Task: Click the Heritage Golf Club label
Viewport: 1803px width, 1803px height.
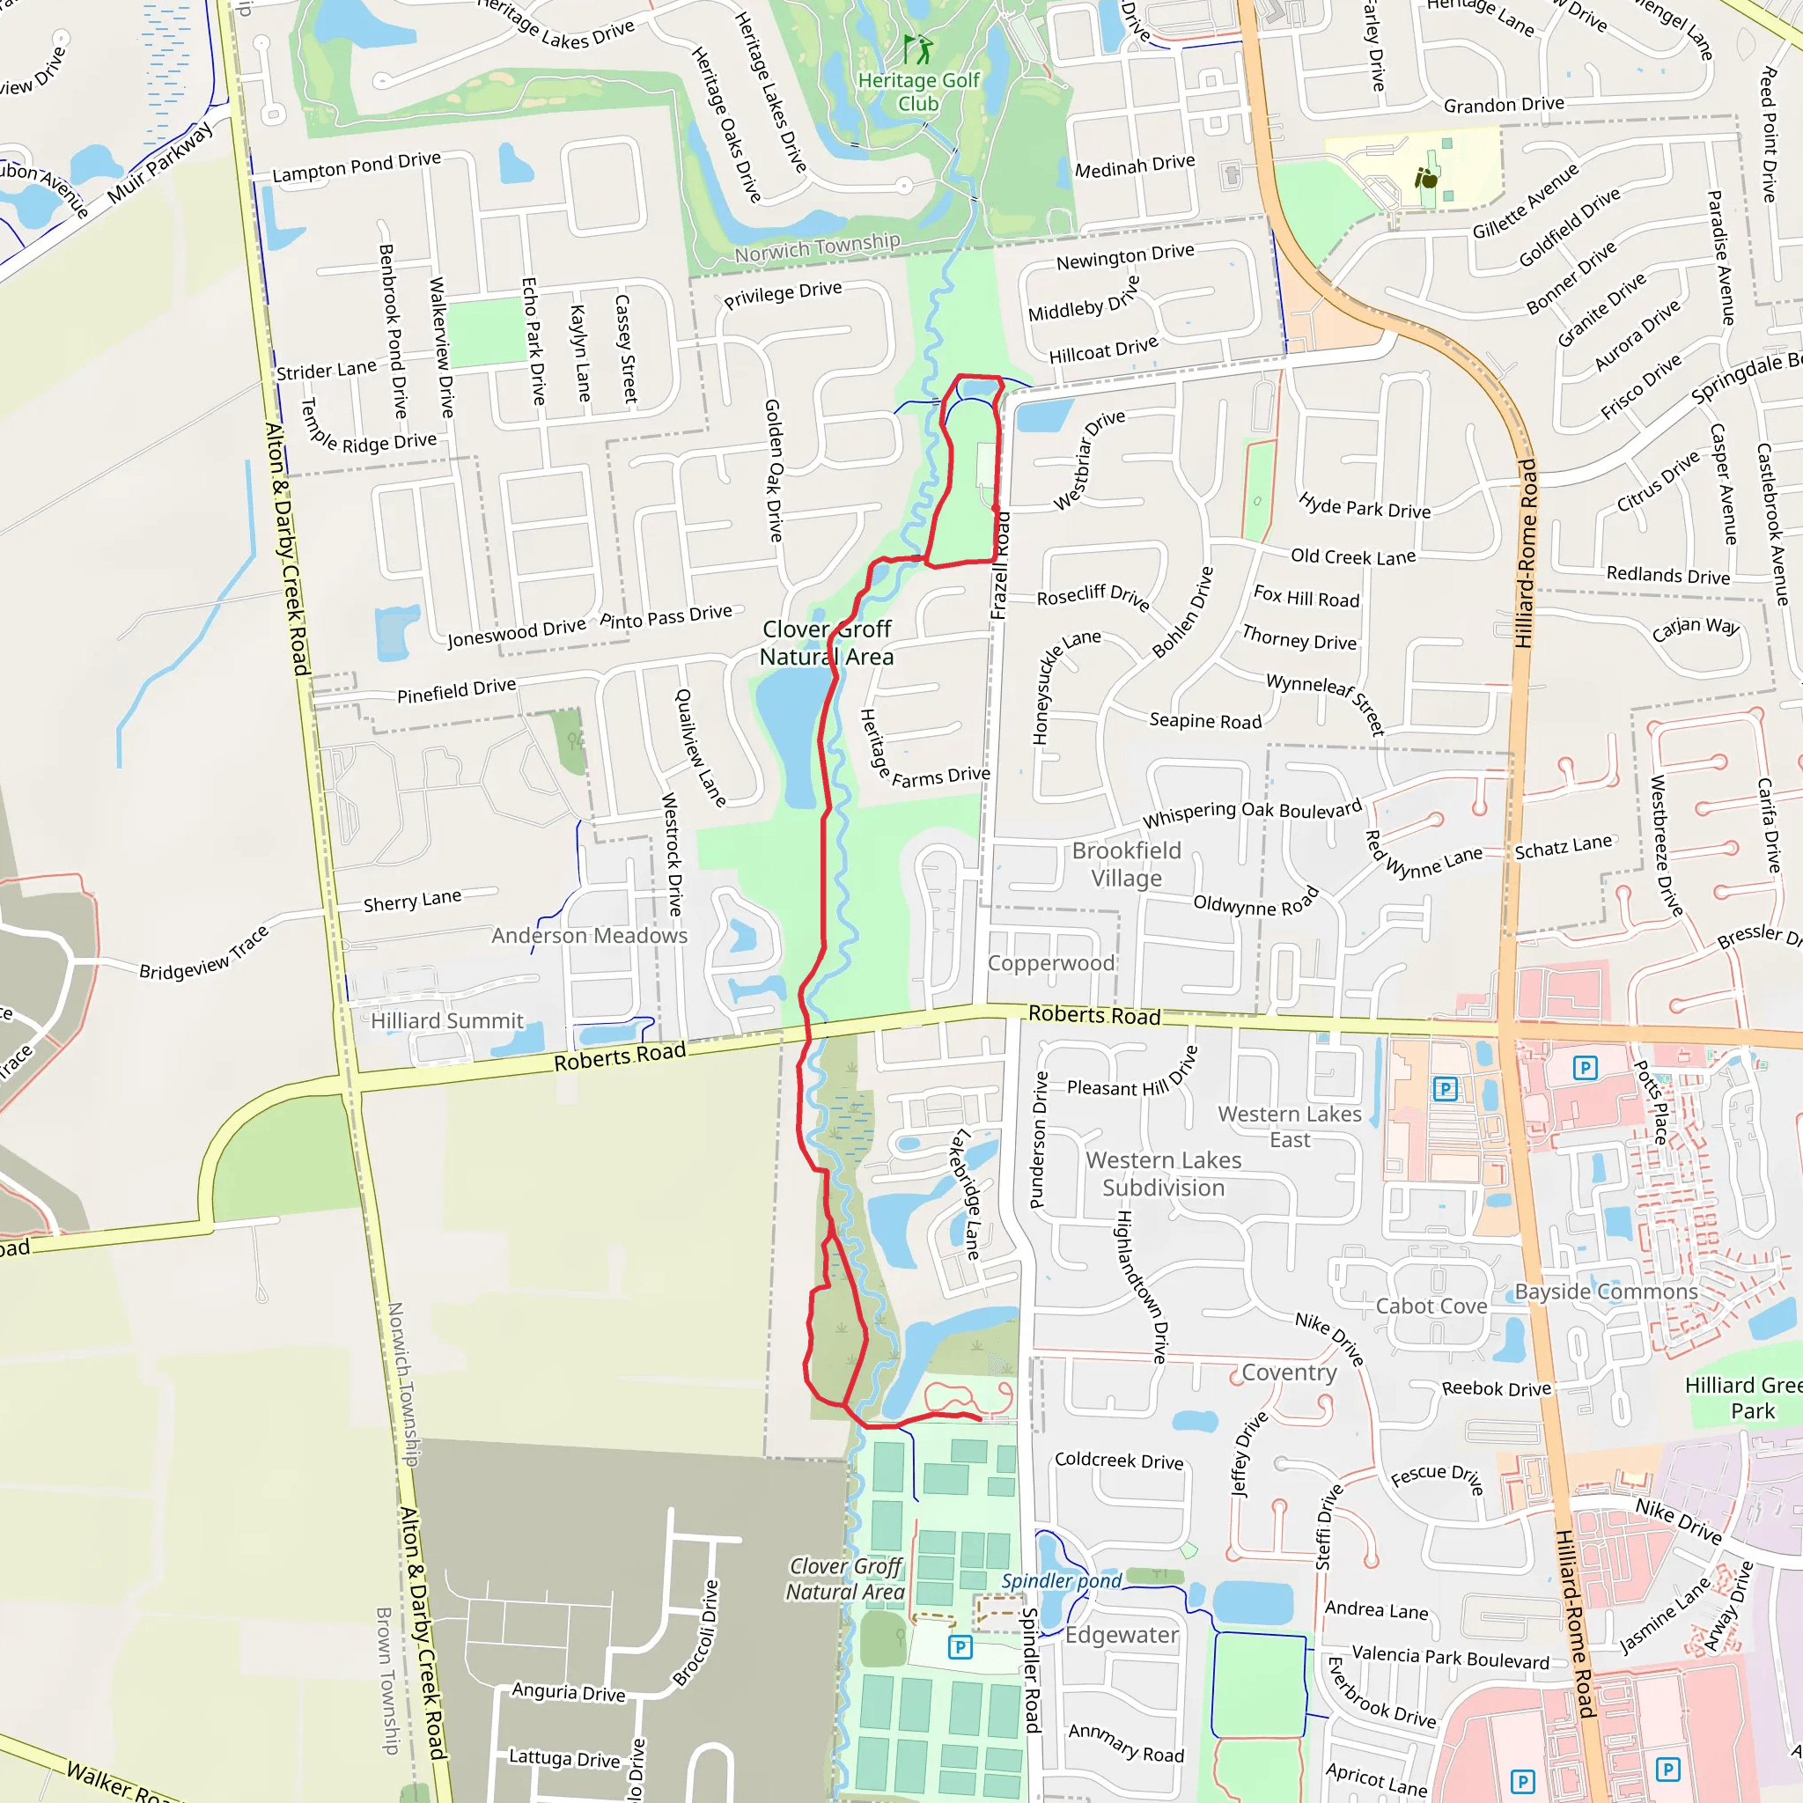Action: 918,92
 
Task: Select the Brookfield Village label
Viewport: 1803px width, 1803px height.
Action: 1126,865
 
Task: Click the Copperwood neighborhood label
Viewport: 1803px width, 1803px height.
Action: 1051,963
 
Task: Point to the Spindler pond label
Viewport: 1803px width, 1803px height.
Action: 1061,1581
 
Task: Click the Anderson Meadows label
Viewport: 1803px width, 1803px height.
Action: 589,935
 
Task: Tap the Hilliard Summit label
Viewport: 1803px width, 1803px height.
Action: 447,1021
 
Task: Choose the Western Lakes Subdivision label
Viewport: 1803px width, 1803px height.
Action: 1163,1174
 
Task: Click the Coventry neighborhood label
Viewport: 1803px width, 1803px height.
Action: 1289,1372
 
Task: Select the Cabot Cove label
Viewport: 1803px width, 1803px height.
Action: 1431,1306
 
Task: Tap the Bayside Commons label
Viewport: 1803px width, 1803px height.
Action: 1605,1292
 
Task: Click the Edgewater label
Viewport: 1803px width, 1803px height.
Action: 1122,1635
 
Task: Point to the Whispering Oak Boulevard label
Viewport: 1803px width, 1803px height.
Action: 1252,812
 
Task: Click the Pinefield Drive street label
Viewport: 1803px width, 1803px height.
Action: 456,690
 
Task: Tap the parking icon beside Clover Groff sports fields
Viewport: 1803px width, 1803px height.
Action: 960,1647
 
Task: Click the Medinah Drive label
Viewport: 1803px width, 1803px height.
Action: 1134,166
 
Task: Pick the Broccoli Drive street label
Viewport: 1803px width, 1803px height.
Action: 696,1633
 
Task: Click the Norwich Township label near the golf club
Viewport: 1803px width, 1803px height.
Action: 817,247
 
